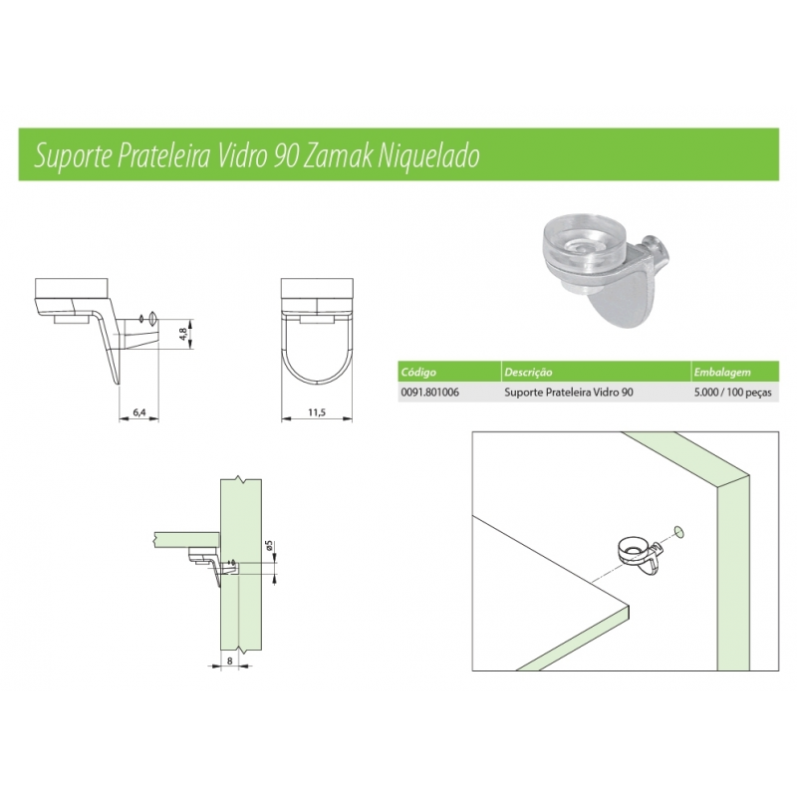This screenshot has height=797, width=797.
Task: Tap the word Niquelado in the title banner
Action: [428, 156]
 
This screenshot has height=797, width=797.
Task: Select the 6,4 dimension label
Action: [139, 412]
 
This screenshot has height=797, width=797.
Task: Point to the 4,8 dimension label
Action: [183, 335]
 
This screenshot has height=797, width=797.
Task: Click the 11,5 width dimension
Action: [316, 412]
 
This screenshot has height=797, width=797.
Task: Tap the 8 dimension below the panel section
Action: [230, 661]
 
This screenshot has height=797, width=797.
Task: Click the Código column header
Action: [418, 372]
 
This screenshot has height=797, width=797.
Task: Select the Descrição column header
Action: [528, 372]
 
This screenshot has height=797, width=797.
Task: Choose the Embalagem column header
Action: [722, 372]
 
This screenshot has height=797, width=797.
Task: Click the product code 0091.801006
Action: [429, 393]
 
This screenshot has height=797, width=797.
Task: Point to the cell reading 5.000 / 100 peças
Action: [733, 393]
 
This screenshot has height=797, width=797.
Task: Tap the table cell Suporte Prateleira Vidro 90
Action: [569, 393]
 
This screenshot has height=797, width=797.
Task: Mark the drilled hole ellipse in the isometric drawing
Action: [678, 531]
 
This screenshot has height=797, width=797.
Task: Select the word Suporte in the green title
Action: [73, 156]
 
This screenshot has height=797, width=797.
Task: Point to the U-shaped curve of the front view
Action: [317, 382]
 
